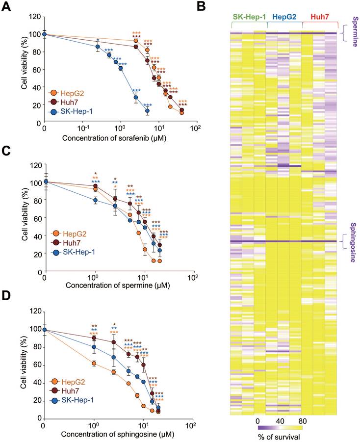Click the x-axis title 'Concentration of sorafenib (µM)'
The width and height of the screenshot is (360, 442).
117,138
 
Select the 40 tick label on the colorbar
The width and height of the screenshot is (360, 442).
279,421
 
